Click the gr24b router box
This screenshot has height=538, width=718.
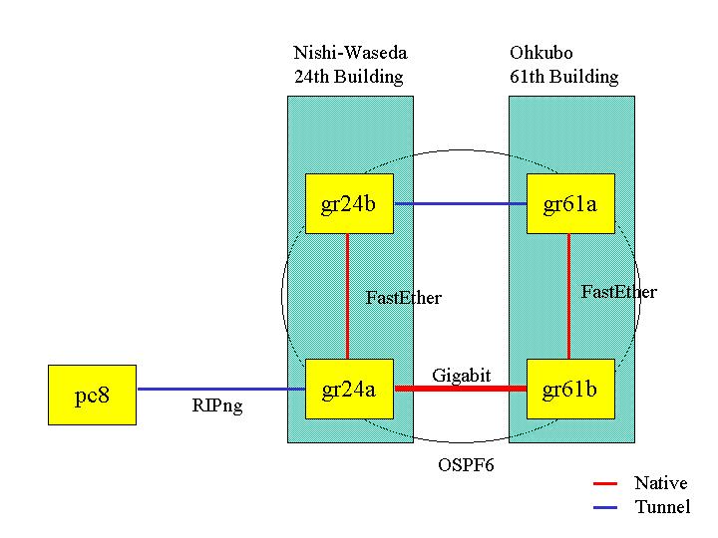[x=349, y=204]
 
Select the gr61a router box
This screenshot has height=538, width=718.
[x=570, y=204]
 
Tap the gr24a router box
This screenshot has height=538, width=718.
[x=349, y=389]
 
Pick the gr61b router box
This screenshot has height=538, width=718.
[x=570, y=389]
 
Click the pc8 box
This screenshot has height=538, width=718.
[x=92, y=396]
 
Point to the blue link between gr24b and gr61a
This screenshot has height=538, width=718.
[x=460, y=204]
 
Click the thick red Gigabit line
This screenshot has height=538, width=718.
[x=460, y=388]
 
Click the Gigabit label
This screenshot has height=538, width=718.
[x=461, y=375]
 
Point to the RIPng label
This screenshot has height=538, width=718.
[x=217, y=406]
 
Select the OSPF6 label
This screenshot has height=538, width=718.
[x=466, y=464]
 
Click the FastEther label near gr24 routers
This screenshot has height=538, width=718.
[x=403, y=297]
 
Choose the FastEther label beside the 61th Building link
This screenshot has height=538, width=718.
[x=618, y=292]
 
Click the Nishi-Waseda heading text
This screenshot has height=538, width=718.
[x=350, y=53]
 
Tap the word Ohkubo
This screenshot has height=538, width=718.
[x=540, y=53]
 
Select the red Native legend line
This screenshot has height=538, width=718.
[x=605, y=484]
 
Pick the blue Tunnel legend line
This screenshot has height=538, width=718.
[x=605, y=508]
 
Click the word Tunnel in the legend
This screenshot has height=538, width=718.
[x=661, y=508]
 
